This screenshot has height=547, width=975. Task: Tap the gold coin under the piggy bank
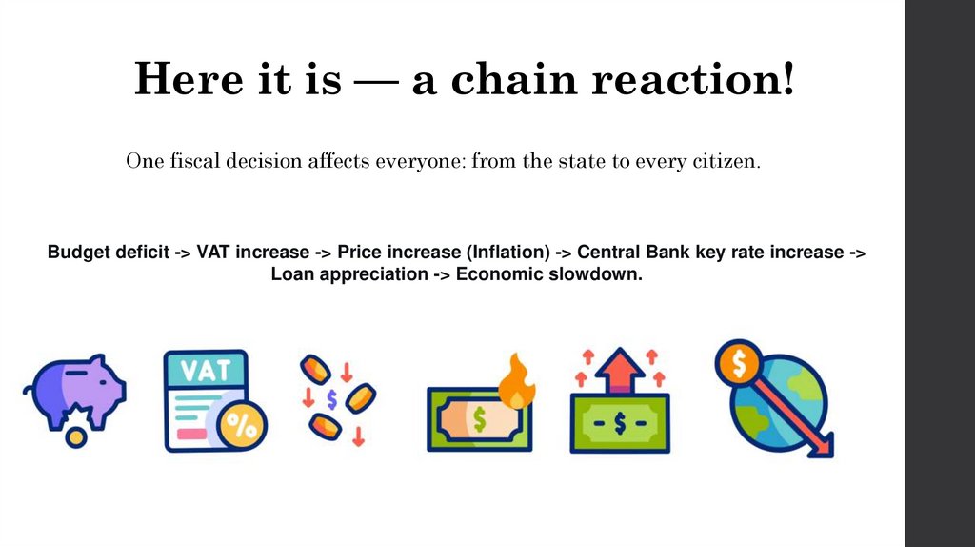pos(74,436)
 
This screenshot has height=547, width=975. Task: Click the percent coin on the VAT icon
pos(241,426)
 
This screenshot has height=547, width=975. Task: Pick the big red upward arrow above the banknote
pos(619,370)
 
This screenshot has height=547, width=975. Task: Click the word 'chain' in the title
pos(513,79)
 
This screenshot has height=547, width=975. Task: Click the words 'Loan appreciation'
pos(349,274)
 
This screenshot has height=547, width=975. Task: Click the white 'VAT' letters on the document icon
pos(205,370)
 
